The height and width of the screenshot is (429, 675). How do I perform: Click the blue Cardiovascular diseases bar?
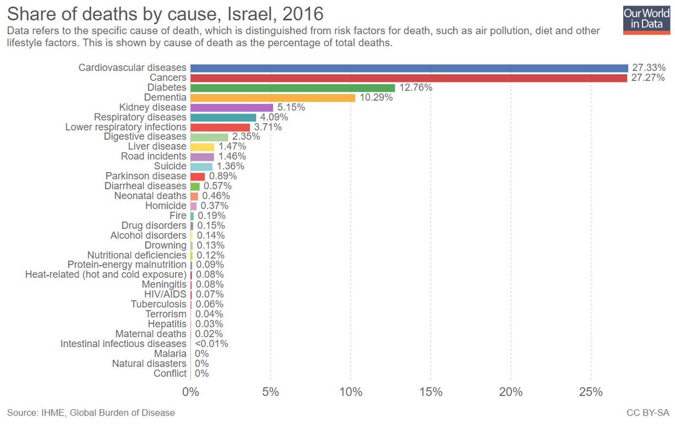pyautogui.click(x=409, y=68)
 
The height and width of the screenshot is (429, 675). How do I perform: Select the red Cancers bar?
pyautogui.click(x=408, y=78)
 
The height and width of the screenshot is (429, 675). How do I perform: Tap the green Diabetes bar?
pyautogui.click(x=292, y=88)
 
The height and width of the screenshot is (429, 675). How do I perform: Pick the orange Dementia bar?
pyautogui.click(x=273, y=97)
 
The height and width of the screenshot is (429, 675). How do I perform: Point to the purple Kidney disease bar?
pyautogui.click(x=232, y=107)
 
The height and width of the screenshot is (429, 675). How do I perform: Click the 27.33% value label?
pyautogui.click(x=649, y=68)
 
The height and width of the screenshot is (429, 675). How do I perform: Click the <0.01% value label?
pyautogui.click(x=211, y=344)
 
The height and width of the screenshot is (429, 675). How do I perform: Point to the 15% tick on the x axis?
pyautogui.click(x=431, y=391)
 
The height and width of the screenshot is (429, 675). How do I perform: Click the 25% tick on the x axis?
pyautogui.click(x=591, y=391)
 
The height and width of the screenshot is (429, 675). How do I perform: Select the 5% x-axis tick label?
pyautogui.click(x=271, y=391)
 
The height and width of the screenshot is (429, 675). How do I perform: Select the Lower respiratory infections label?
pyautogui.click(x=125, y=127)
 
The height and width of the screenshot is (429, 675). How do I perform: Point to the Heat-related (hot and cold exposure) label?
pyautogui.click(x=106, y=274)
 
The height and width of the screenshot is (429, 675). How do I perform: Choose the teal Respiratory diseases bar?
pyautogui.click(x=223, y=117)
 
